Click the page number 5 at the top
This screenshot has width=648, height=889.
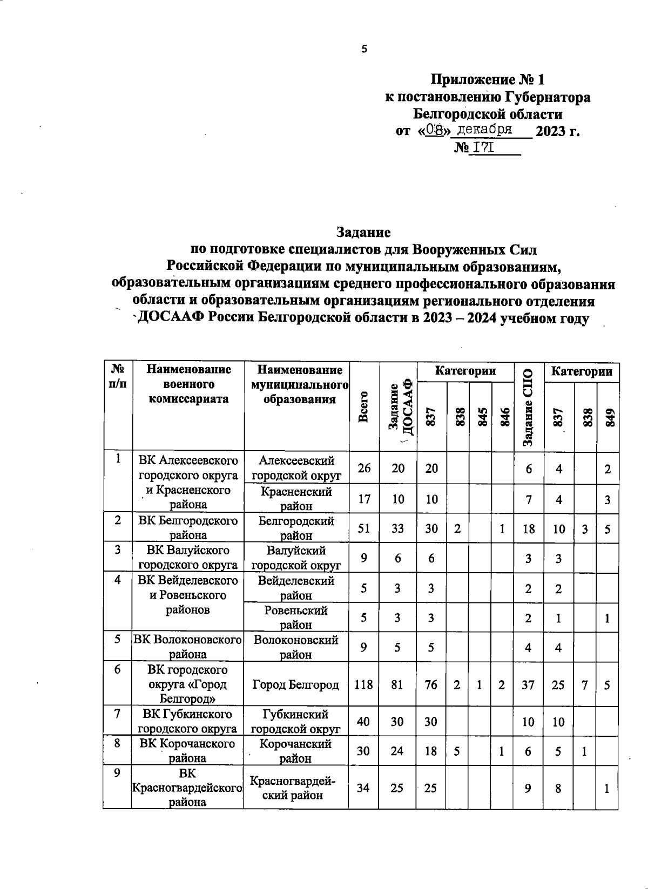click(x=364, y=49)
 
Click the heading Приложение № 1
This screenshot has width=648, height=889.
click(x=487, y=80)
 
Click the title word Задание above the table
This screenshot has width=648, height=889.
click(x=363, y=232)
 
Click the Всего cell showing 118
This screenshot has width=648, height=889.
click(x=364, y=685)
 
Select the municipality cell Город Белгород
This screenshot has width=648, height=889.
click(x=296, y=685)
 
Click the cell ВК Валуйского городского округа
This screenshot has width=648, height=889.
click(x=188, y=558)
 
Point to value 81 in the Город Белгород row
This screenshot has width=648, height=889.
click(x=397, y=685)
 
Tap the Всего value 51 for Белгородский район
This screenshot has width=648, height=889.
click(x=364, y=528)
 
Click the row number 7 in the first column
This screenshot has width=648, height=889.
click(x=117, y=714)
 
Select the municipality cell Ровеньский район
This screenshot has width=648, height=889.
click(x=296, y=617)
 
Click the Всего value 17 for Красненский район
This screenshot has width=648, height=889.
click(x=364, y=499)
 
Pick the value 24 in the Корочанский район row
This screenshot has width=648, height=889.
click(x=397, y=751)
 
